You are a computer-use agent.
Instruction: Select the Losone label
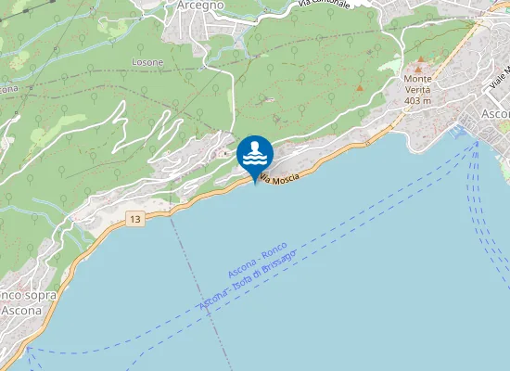[x=147, y=62]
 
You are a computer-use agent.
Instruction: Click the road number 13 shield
[x=136, y=219]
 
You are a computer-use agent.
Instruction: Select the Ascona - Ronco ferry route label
[x=258, y=263]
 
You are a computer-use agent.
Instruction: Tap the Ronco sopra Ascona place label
[x=26, y=302]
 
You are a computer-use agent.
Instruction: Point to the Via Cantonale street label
[x=323, y=5]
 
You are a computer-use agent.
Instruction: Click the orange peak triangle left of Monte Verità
[x=360, y=87]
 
